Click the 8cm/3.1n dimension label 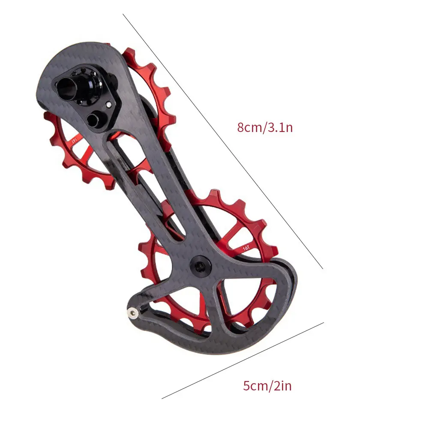(x=265, y=127)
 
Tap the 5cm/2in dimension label (x=267, y=386)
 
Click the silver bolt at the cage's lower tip (x=132, y=314)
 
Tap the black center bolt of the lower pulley (x=200, y=267)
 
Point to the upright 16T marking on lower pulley (x=247, y=247)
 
